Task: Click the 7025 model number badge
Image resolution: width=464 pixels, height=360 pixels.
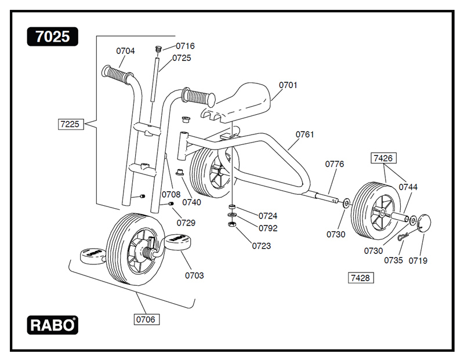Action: pos(52,37)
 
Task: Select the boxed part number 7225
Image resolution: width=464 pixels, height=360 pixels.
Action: pos(71,123)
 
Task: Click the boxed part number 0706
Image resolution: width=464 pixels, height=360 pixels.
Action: pos(146,319)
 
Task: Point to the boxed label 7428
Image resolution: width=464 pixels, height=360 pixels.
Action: pos(360,278)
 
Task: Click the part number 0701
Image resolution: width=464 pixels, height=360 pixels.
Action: pos(288,85)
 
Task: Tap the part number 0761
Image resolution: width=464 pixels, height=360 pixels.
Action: pos(304,134)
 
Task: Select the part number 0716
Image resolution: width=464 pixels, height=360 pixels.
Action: pos(185,46)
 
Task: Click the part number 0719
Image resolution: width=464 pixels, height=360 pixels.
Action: pos(418,261)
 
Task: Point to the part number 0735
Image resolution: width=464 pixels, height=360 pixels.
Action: pos(393,261)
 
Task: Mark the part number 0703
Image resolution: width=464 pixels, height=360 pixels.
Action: pos(194,275)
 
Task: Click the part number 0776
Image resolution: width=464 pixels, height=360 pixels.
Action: pos(334,164)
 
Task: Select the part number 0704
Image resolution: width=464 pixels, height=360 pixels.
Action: pos(125,51)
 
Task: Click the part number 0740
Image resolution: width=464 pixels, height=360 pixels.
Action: pos(191,202)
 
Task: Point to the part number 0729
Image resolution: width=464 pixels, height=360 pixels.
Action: pos(186,223)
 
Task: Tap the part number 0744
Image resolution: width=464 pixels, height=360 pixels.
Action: pos(408,187)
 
